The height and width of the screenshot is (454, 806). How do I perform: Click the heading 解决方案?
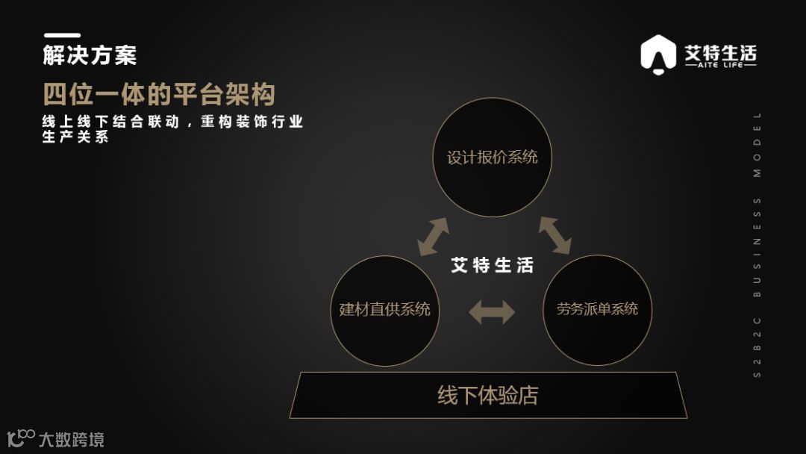click(x=90, y=56)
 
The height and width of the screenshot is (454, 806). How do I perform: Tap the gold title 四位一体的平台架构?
click(x=159, y=95)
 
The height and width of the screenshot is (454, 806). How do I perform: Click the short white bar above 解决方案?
click(x=62, y=35)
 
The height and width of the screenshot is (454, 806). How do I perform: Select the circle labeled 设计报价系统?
click(x=492, y=158)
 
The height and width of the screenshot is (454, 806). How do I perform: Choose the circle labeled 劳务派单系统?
click(x=597, y=310)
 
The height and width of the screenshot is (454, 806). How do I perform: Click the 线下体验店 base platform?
click(x=488, y=395)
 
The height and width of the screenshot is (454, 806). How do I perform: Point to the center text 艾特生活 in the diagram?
click(x=492, y=266)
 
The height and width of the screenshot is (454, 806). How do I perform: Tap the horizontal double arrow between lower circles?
click(x=492, y=311)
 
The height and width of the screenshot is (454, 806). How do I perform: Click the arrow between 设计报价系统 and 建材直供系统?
click(x=433, y=237)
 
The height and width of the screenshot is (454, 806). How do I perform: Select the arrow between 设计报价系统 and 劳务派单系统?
click(x=554, y=235)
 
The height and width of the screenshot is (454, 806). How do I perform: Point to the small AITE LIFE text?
click(x=720, y=66)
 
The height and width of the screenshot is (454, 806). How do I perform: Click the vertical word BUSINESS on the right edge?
click(x=757, y=247)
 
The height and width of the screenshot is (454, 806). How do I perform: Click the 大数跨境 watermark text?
click(x=72, y=439)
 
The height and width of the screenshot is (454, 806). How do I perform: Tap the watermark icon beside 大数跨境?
click(x=21, y=438)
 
